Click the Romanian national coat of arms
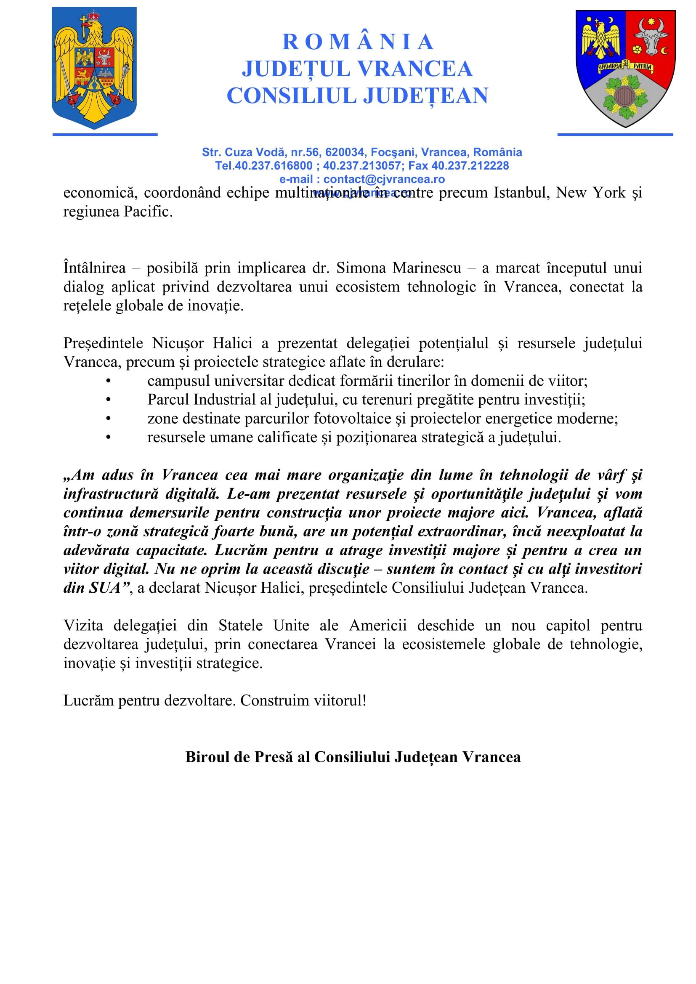(94, 68)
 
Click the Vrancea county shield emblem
(625, 68)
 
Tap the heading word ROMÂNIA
(358, 42)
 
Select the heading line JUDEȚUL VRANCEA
(357, 69)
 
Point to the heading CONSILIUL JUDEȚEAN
(357, 95)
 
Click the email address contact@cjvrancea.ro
(384, 179)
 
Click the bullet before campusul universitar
(109, 381)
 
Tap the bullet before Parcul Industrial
(109, 400)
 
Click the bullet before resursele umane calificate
(109, 438)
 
